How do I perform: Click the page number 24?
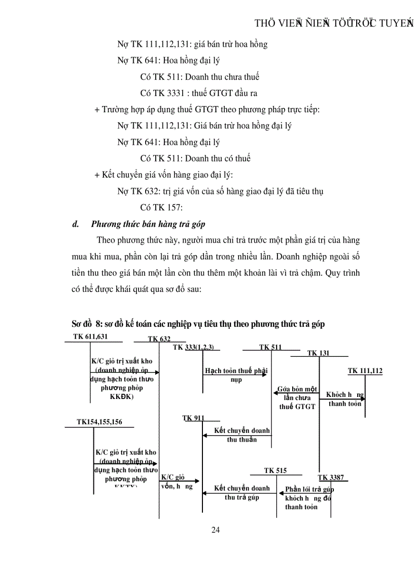pyautogui.click(x=215, y=530)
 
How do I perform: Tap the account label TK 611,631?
pyautogui.click(x=90, y=337)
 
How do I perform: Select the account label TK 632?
pyautogui.click(x=159, y=339)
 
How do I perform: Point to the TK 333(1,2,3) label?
pyautogui.click(x=193, y=347)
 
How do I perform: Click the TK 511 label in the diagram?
pyautogui.click(x=270, y=347)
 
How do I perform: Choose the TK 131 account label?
pyautogui.click(x=319, y=353)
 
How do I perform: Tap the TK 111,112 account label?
pyautogui.click(x=365, y=371)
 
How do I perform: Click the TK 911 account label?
pyautogui.click(x=193, y=418)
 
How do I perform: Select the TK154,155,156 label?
pyautogui.click(x=99, y=421)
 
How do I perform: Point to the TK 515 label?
pyautogui.click(x=275, y=471)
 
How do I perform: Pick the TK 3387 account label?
pyautogui.click(x=331, y=477)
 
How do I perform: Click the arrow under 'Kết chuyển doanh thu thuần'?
pyautogui.click(x=236, y=435)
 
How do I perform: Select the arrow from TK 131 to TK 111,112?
pyautogui.click(x=342, y=399)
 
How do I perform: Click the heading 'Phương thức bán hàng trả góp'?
pyautogui.click(x=148, y=224)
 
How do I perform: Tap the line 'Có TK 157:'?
pyautogui.click(x=161, y=207)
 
